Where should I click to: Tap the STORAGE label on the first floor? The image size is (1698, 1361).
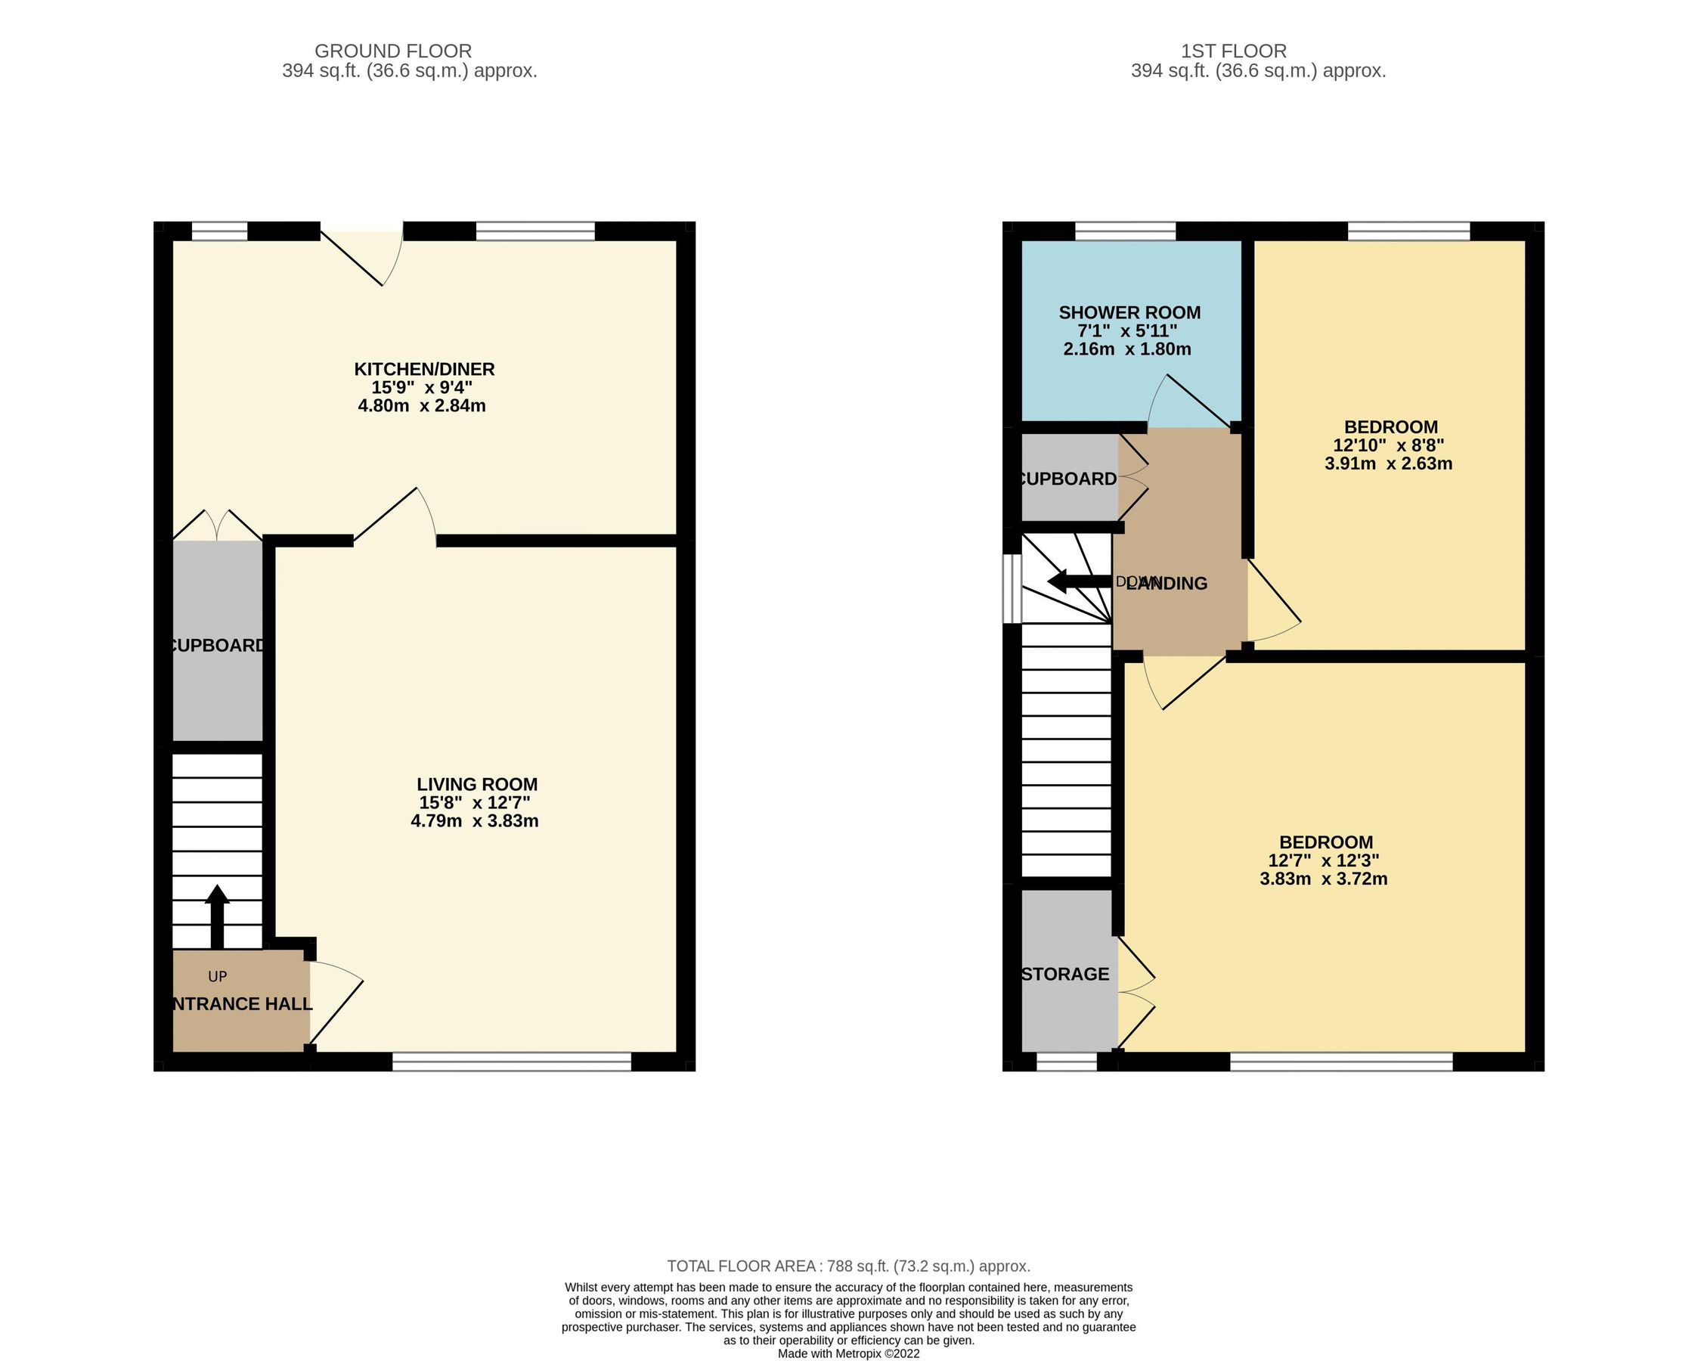pyautogui.click(x=1064, y=974)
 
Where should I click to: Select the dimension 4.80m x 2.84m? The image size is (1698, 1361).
pyautogui.click(x=421, y=405)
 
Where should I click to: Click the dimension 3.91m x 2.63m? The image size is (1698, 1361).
pyautogui.click(x=1388, y=463)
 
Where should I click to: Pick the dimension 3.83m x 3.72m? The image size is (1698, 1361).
pyautogui.click(x=1323, y=878)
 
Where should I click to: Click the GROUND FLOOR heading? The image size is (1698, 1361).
pyautogui.click(x=393, y=51)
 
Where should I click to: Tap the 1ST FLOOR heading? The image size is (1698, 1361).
pyautogui.click(x=1233, y=51)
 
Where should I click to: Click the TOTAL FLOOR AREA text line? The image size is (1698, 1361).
pyautogui.click(x=848, y=1266)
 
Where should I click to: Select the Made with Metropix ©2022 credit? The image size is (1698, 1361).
pyautogui.click(x=848, y=1354)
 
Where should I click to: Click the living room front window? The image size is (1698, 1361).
pyautogui.click(x=512, y=1062)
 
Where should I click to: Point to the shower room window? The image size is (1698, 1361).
pyautogui.click(x=1125, y=231)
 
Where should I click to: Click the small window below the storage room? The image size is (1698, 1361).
pyautogui.click(x=1067, y=1062)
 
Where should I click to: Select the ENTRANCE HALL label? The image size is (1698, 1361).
pyautogui.click(x=241, y=1003)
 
